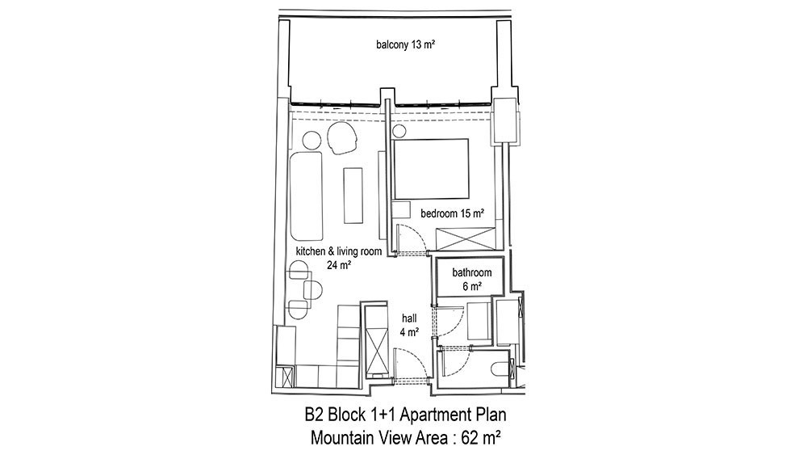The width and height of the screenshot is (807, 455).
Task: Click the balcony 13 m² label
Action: click(406, 44)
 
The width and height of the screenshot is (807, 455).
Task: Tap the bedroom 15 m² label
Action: click(453, 213)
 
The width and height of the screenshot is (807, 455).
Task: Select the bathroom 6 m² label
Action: click(471, 279)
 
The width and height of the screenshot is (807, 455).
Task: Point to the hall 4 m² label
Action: click(409, 325)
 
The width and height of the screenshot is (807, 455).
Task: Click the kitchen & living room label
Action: click(339, 251)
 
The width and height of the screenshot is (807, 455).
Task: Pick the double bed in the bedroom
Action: click(431, 168)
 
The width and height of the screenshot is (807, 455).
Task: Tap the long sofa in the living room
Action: click(306, 196)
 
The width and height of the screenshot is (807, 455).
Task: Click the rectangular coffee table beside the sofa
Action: click(353, 196)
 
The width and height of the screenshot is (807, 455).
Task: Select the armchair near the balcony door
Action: click(341, 137)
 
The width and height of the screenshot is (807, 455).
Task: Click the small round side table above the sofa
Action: click(312, 141)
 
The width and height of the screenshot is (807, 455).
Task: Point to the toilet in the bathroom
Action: click(500, 369)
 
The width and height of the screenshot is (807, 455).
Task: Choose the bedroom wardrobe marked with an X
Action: click(466, 239)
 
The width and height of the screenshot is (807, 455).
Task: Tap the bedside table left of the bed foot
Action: click(400, 210)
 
